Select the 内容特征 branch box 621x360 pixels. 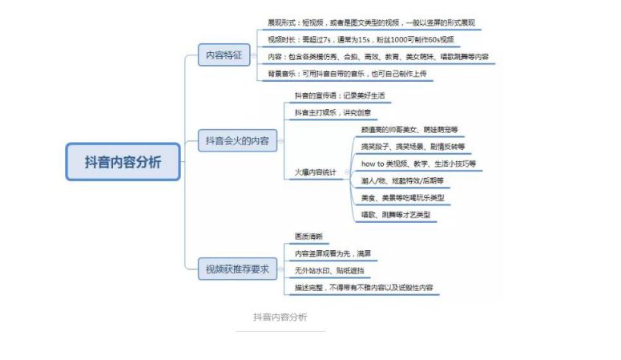click(x=224, y=55)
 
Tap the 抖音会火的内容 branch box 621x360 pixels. click(x=236, y=140)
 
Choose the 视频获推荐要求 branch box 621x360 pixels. click(x=238, y=270)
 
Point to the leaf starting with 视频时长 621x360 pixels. click(x=360, y=39)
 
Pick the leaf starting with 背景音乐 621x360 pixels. click(x=346, y=74)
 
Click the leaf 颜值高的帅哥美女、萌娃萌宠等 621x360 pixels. click(x=409, y=129)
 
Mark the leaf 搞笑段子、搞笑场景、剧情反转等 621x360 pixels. click(x=413, y=147)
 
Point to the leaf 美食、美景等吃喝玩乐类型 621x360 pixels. click(x=402, y=197)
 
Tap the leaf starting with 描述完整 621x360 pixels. click(x=366, y=288)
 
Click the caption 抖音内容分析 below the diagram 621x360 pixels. click(x=280, y=316)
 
